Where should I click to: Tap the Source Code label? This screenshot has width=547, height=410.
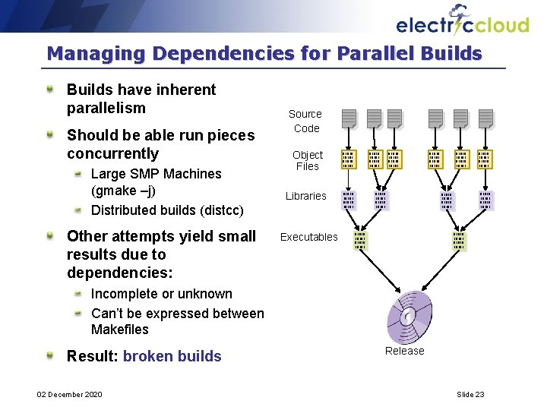(x=305, y=121)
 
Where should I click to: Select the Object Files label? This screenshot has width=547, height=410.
(x=308, y=160)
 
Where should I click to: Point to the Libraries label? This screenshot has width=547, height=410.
(x=305, y=196)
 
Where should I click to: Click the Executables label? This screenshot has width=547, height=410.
(x=308, y=237)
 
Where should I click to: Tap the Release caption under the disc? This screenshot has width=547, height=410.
(x=404, y=351)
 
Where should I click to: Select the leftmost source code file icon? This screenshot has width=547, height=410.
(x=348, y=118)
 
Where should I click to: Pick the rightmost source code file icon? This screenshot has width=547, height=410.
(x=485, y=118)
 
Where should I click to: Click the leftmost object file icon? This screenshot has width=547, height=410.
(x=348, y=159)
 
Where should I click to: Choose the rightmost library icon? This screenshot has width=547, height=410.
(x=485, y=200)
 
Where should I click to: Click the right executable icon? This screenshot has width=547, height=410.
(x=459, y=241)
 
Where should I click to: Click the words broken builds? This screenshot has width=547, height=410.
(x=172, y=356)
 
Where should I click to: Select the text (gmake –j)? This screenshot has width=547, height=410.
(x=123, y=191)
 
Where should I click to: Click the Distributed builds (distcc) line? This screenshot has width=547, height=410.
(x=167, y=210)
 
